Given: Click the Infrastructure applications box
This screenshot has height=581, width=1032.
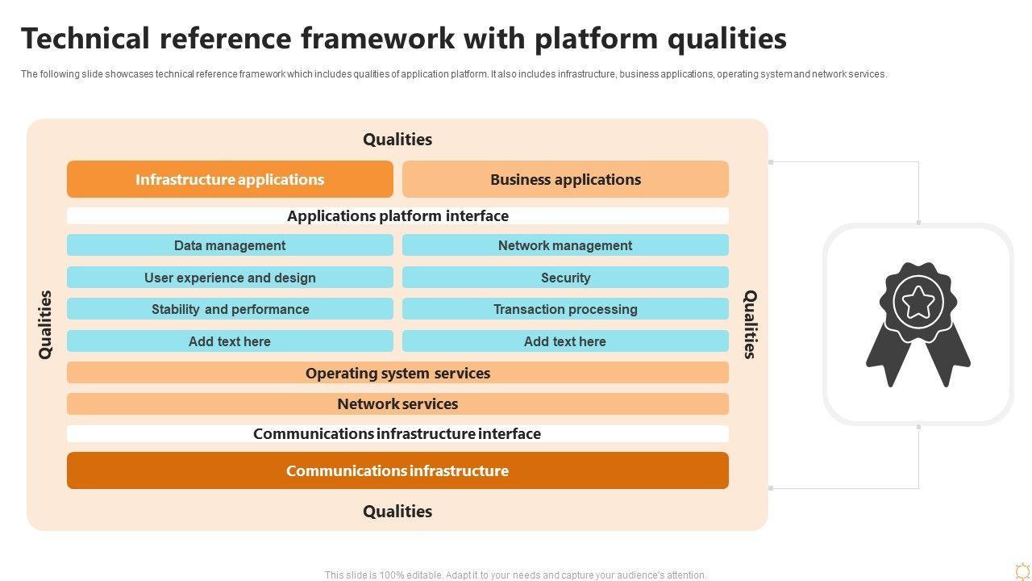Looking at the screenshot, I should pyautogui.click(x=230, y=179).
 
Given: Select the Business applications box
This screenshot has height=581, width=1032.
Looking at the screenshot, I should pyautogui.click(x=565, y=179).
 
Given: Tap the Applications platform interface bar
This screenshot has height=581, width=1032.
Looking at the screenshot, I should pyautogui.click(x=397, y=215).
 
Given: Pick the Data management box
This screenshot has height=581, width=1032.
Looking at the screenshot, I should pyautogui.click(x=230, y=245).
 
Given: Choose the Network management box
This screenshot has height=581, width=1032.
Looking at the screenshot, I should pyautogui.click(x=565, y=245).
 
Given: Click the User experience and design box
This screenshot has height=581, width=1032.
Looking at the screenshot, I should pyautogui.click(x=230, y=278).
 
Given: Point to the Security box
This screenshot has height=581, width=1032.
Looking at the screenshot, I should pyautogui.click(x=565, y=278).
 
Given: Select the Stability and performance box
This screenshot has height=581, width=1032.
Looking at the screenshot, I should pyautogui.click(x=230, y=309).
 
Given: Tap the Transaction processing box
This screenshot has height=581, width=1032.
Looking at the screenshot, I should pyautogui.click(x=565, y=309).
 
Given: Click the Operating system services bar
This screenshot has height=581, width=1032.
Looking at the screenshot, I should pyautogui.click(x=397, y=373).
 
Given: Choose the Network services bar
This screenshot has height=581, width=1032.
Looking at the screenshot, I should pyautogui.click(x=397, y=403).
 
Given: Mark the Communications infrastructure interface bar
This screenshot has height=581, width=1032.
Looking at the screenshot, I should pyautogui.click(x=397, y=433).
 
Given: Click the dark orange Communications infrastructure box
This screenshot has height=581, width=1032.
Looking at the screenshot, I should pyautogui.click(x=397, y=470).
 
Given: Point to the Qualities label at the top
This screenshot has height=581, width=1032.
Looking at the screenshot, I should pyautogui.click(x=397, y=140).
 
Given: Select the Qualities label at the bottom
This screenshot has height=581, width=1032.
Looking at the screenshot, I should pyautogui.click(x=397, y=512).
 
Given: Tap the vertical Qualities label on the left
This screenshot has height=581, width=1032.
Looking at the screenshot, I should pyautogui.click(x=45, y=324).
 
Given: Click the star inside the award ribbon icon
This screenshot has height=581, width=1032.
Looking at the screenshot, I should pyautogui.click(x=918, y=303).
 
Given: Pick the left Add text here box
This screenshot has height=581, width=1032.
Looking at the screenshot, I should pyautogui.click(x=230, y=341).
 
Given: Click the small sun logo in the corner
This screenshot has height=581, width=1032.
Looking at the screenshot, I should pyautogui.click(x=1022, y=571).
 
